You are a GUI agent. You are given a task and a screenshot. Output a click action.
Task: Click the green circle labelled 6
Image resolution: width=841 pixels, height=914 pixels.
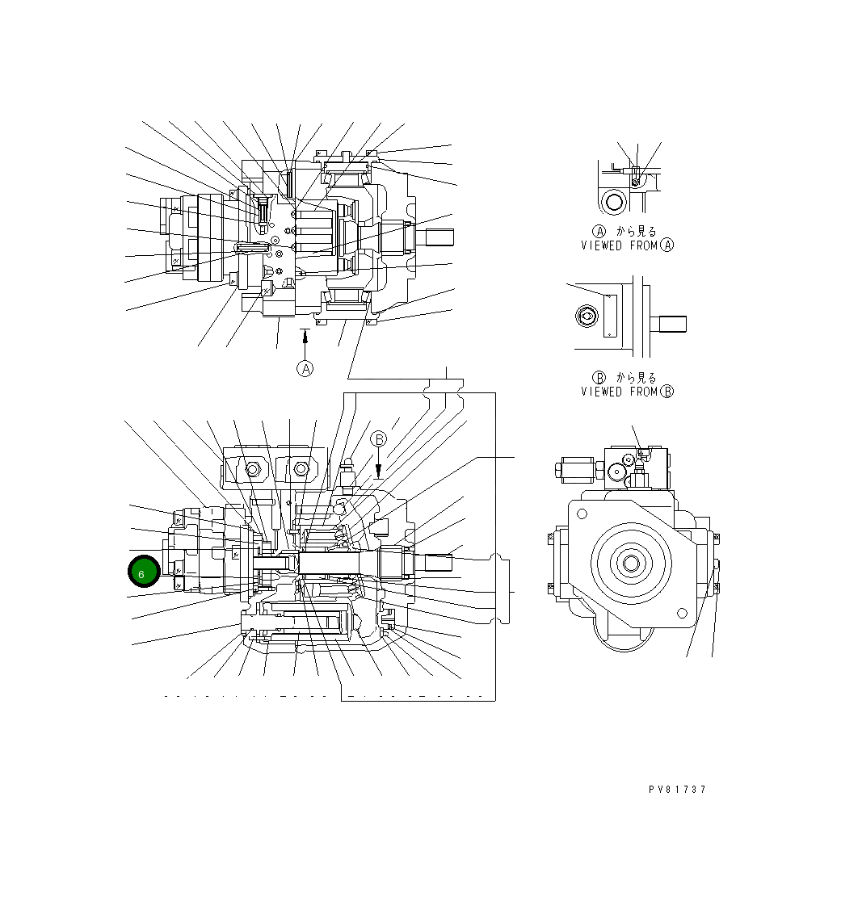click(143, 572)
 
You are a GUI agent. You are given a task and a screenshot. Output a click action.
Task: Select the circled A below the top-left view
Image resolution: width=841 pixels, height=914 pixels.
click(305, 368)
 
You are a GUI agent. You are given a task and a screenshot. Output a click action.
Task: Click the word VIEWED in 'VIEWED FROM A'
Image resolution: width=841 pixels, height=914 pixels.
click(601, 245)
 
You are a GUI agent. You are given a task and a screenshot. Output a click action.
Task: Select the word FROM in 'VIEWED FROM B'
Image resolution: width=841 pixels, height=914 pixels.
click(642, 392)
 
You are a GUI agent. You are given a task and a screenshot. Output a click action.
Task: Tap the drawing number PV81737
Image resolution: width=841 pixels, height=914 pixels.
click(676, 790)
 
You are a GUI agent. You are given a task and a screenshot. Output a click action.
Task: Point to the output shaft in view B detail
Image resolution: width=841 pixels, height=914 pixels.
click(671, 323)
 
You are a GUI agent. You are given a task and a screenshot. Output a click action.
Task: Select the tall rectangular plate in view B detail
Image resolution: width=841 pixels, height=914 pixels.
click(610, 316)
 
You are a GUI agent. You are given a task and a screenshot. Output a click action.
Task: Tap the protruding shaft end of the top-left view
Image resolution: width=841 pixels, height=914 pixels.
click(436, 237)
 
